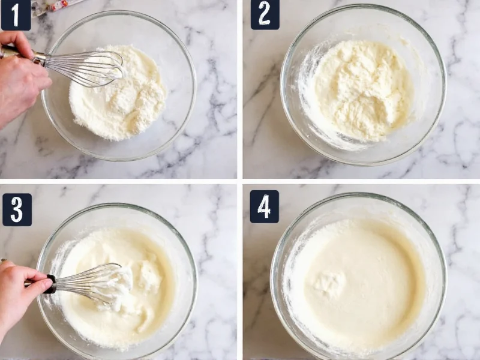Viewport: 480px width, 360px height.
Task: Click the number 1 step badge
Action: point(16,14)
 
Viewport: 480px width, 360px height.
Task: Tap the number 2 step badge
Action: point(265,14)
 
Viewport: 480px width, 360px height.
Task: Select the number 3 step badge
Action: point(17,209)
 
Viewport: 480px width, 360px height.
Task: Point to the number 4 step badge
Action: point(264,206)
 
